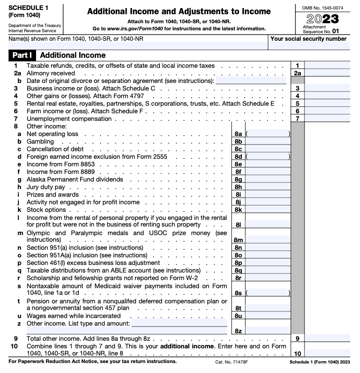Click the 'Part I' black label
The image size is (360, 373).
(x=22, y=55)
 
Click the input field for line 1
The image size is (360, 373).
(x=327, y=65)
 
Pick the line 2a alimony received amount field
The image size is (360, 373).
(x=327, y=73)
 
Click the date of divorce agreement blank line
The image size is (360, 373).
(x=251, y=81)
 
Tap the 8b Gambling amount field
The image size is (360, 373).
(x=268, y=141)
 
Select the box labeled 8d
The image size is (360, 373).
(x=238, y=156)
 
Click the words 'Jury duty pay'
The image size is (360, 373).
(x=46, y=187)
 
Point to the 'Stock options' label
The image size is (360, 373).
(x=46, y=209)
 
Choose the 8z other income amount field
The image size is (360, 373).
(x=268, y=330)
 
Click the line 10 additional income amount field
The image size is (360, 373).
(x=327, y=353)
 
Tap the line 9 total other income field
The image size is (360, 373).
(x=327, y=338)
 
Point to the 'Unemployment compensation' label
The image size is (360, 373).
(x=69, y=118)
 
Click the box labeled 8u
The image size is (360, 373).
(x=238, y=316)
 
